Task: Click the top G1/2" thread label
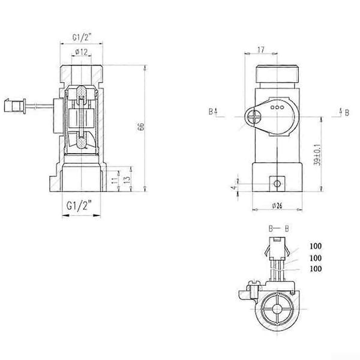pos(82,37)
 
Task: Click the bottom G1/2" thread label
pos(79,205)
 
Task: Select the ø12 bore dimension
pos(82,52)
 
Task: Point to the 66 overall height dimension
pos(142,127)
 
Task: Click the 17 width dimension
pos(261,50)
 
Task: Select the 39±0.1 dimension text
pos(317,155)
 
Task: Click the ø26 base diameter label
pos(277,206)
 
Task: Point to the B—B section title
pos(278,229)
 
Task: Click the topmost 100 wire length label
pos(316,246)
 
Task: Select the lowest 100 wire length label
pos(316,269)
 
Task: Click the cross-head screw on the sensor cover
pos(253,116)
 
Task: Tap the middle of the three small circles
pos(277,107)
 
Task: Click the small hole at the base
pos(277,184)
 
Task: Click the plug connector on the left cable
pos(15,106)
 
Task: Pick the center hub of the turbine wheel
pos(277,309)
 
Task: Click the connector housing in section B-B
pos(277,248)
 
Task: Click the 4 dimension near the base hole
pos(234,187)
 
